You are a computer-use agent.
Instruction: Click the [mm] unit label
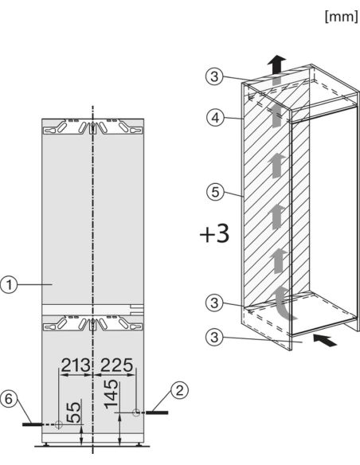pos(342,17)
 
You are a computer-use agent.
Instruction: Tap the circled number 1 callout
pos(9,285)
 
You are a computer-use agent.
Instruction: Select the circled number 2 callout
pos(180,390)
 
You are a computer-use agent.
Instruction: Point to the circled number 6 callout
pos(9,399)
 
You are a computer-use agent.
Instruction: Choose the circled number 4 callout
pos(215,118)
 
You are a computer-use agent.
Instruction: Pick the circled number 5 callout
pos(215,192)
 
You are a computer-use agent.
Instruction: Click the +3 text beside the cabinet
pos(215,234)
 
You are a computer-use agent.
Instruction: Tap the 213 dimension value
pos(76,365)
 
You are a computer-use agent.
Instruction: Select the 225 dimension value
pos(116,365)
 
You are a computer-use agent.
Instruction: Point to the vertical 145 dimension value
pos(112,394)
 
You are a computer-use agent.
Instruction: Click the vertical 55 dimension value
pos(73,412)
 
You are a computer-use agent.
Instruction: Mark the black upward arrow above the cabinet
pos(276,64)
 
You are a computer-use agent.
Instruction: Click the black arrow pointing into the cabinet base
pos(325,340)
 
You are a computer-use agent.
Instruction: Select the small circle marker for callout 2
pos(136,412)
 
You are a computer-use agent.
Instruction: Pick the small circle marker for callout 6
pos(58,424)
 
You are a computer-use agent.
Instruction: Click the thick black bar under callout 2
pos(157,412)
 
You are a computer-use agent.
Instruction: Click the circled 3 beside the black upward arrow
pos(214,76)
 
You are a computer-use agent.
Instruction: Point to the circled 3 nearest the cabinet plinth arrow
pos(214,337)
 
